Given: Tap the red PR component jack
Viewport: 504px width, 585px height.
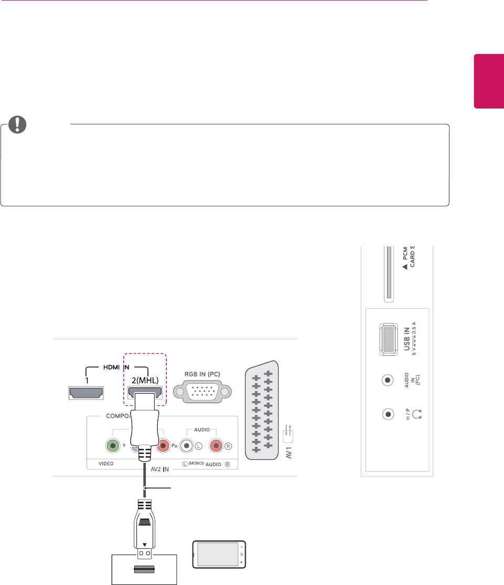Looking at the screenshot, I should tap(162, 446).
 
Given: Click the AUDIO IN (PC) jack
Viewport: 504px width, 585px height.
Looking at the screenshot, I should tap(388, 380).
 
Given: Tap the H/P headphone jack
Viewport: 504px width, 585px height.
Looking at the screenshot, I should tap(388, 414).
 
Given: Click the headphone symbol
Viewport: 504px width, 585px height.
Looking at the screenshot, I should tap(417, 415).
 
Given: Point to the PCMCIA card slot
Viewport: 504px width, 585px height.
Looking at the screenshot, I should tap(388, 273).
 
